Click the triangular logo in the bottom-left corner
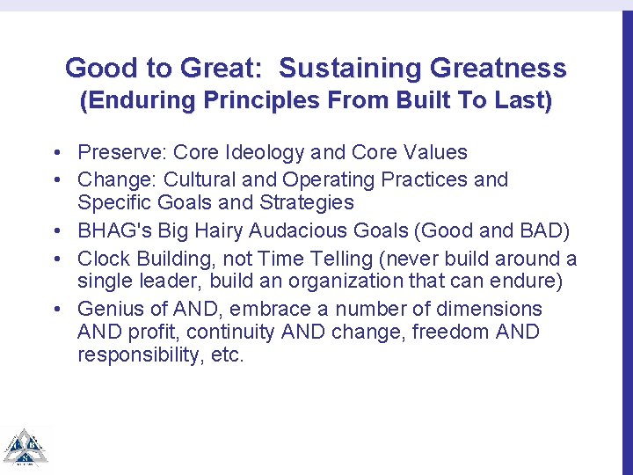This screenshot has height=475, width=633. pyautogui.click(x=25, y=448)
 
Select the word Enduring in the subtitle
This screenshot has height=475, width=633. pyautogui.click(x=136, y=101)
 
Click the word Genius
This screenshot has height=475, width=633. pyautogui.click(x=109, y=309)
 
